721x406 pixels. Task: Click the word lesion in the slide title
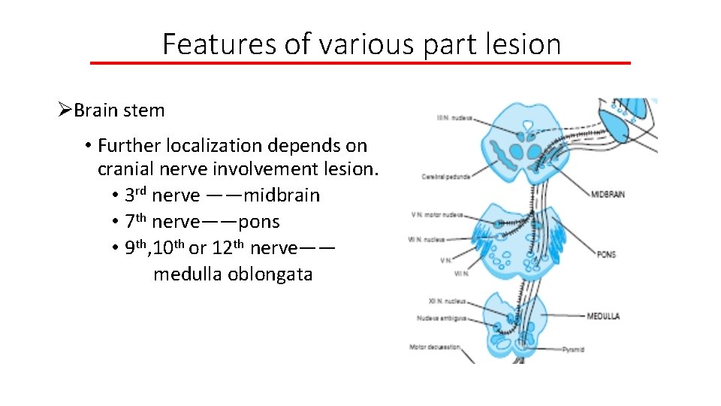coord(526,44)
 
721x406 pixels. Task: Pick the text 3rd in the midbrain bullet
coord(135,195)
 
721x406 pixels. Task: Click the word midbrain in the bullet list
coord(282,195)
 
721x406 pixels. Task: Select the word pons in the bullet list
coord(258,222)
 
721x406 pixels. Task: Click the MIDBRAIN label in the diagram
coord(608,195)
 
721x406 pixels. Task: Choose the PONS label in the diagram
coord(606,255)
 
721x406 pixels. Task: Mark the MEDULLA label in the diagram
coord(603,317)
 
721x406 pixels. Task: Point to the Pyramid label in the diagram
coord(573,350)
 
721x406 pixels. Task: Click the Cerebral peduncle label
coord(445,177)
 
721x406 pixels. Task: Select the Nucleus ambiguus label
coord(441,318)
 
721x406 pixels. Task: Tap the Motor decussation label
coord(434,347)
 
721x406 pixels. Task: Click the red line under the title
coord(360,62)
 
